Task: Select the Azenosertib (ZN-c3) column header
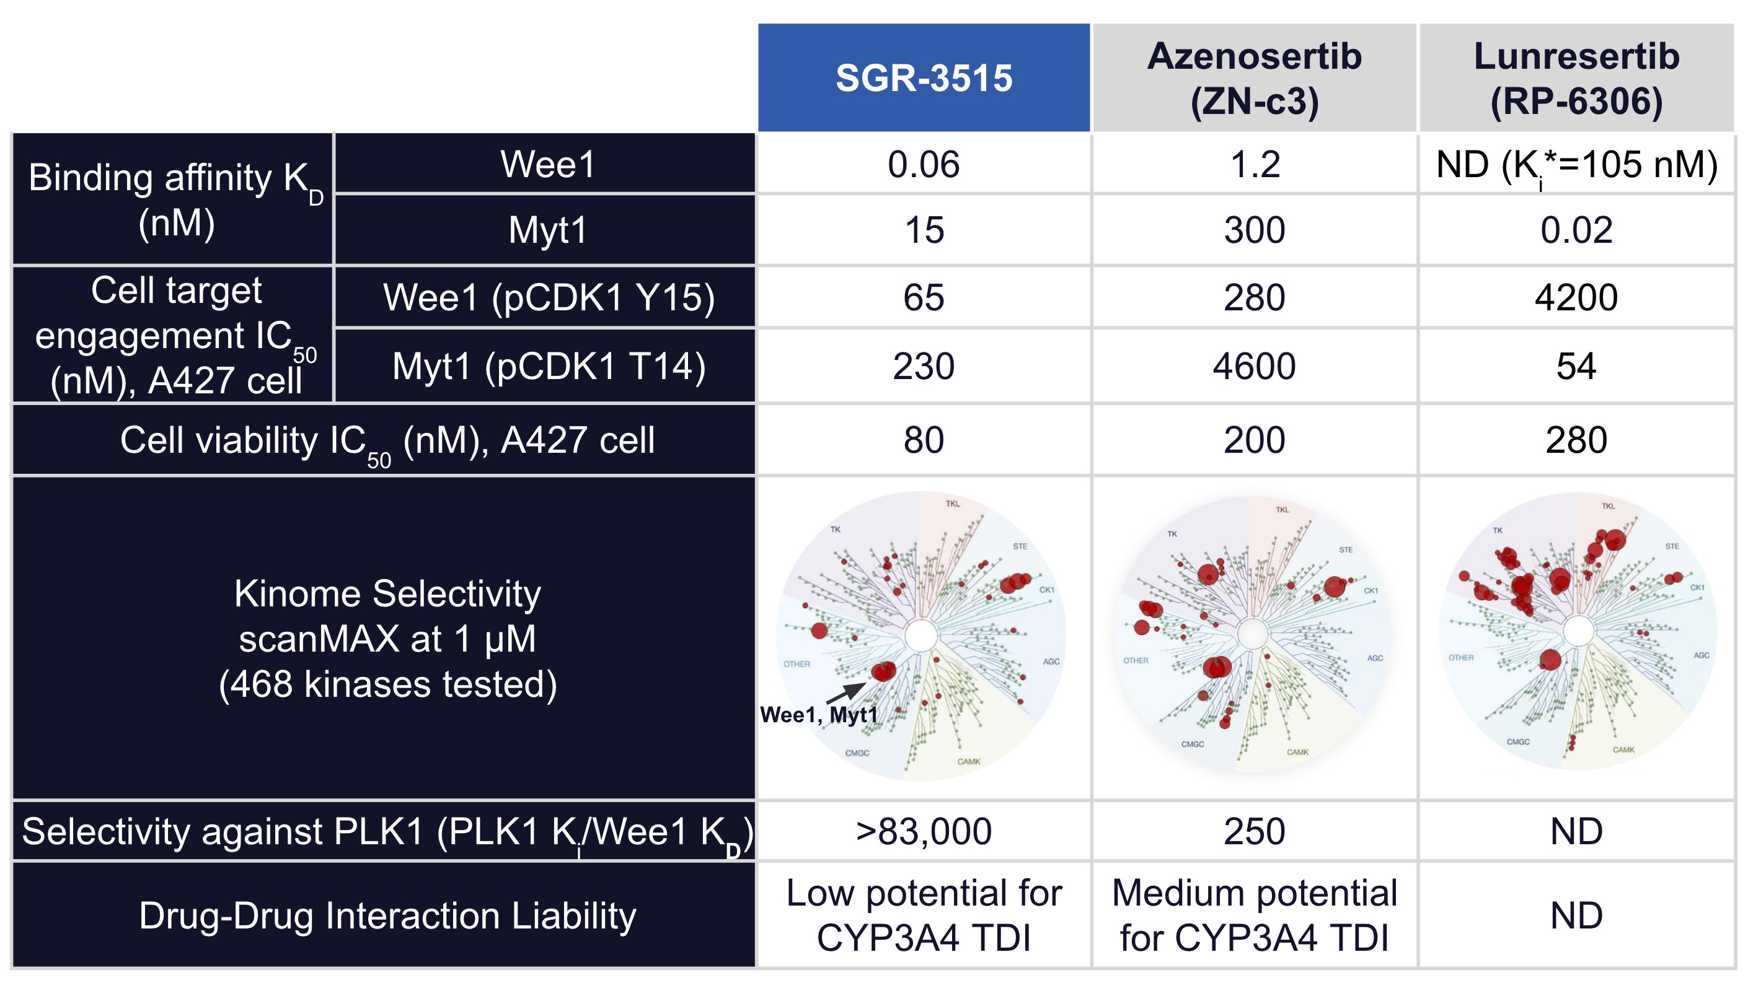click(x=1254, y=77)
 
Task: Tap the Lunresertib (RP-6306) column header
click(x=1576, y=77)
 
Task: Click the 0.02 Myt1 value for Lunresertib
click(x=1576, y=230)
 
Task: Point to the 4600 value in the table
click(x=1254, y=366)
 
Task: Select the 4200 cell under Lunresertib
click(x=1576, y=297)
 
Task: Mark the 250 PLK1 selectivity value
click(x=1254, y=832)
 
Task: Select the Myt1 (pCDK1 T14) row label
click(x=548, y=366)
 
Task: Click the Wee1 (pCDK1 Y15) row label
click(x=548, y=297)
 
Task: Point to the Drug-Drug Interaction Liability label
click(x=387, y=915)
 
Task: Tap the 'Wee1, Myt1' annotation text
click(x=819, y=715)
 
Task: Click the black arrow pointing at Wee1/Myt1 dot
click(x=846, y=692)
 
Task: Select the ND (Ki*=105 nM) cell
click(x=1576, y=165)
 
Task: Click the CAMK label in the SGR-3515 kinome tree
click(x=968, y=761)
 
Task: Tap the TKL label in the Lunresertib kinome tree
click(x=1608, y=506)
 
